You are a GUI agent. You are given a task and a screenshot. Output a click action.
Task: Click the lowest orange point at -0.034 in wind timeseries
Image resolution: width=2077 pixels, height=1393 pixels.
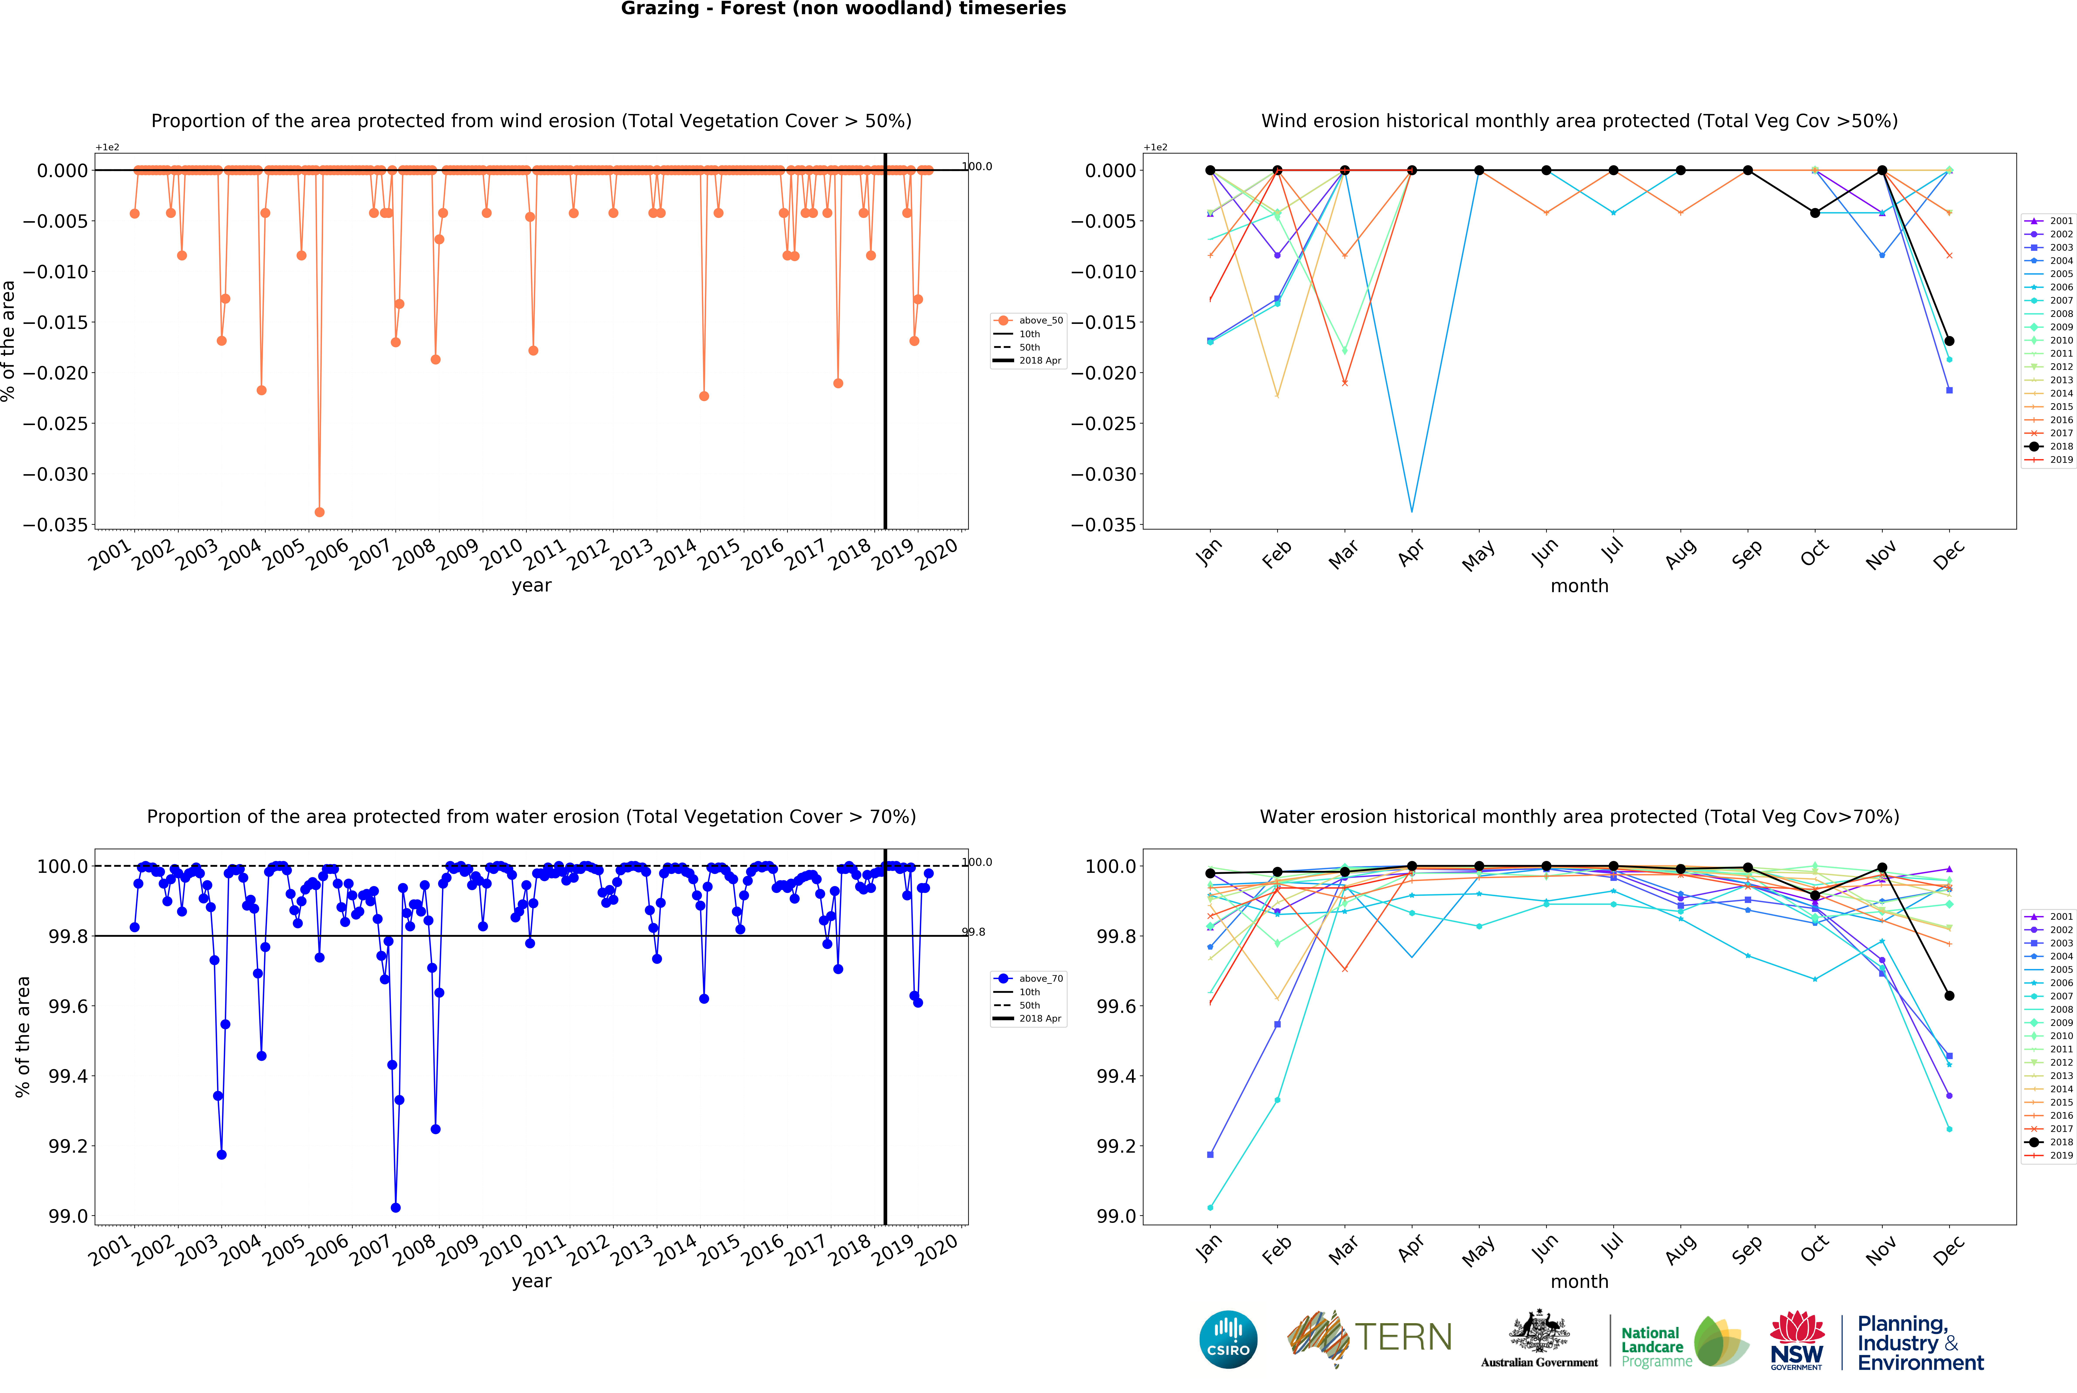pos(320,512)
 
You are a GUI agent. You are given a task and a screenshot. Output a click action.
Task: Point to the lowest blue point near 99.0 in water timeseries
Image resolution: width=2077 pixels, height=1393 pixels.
pos(395,1207)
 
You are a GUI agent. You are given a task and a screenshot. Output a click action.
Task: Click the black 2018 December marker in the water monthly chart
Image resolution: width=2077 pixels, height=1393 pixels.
pos(1949,995)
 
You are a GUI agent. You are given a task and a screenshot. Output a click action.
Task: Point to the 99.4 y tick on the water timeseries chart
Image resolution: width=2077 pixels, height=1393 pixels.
pos(68,1076)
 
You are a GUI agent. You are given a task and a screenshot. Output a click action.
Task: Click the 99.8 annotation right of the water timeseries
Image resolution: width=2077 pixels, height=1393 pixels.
pos(974,932)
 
